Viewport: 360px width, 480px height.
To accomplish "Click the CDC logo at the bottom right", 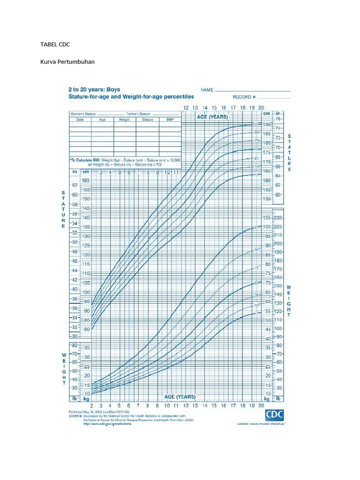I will click(x=275, y=414).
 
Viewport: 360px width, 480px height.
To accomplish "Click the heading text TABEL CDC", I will click(x=55, y=45).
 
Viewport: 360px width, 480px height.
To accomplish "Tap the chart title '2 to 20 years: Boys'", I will click(x=94, y=89).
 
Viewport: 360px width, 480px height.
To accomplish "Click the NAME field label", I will click(x=207, y=90).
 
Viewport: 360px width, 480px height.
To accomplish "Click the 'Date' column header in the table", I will click(x=80, y=120).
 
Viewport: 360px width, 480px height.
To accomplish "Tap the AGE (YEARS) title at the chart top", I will click(x=212, y=117).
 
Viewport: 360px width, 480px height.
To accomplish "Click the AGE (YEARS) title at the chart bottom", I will click(x=180, y=397).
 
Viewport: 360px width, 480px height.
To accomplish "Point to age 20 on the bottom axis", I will click(x=261, y=406).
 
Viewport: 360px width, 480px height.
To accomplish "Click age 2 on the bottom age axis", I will click(x=92, y=406).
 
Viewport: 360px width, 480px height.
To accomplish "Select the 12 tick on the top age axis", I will click(x=186, y=108).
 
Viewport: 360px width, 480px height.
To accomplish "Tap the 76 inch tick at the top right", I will click(x=278, y=119).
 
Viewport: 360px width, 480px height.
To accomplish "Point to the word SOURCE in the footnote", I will click(x=75, y=416).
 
